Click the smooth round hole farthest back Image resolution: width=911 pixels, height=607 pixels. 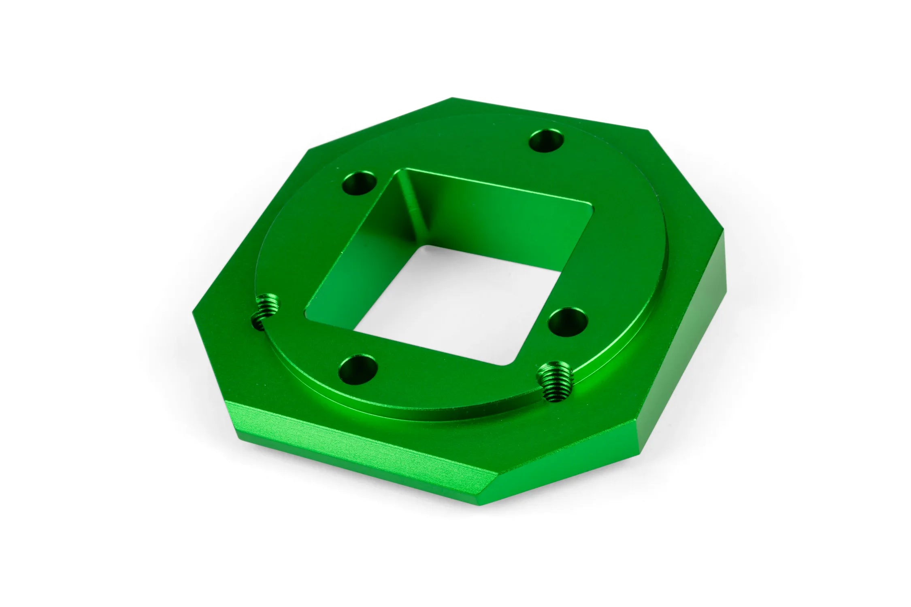coord(547,141)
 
